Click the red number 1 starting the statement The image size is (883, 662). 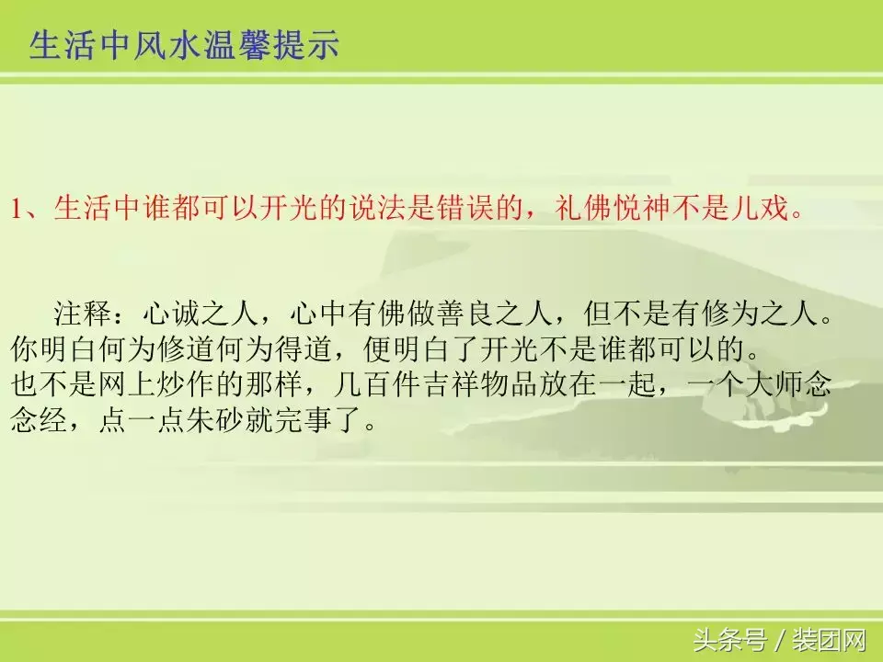[x=17, y=209]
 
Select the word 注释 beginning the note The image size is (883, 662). [x=83, y=315]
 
